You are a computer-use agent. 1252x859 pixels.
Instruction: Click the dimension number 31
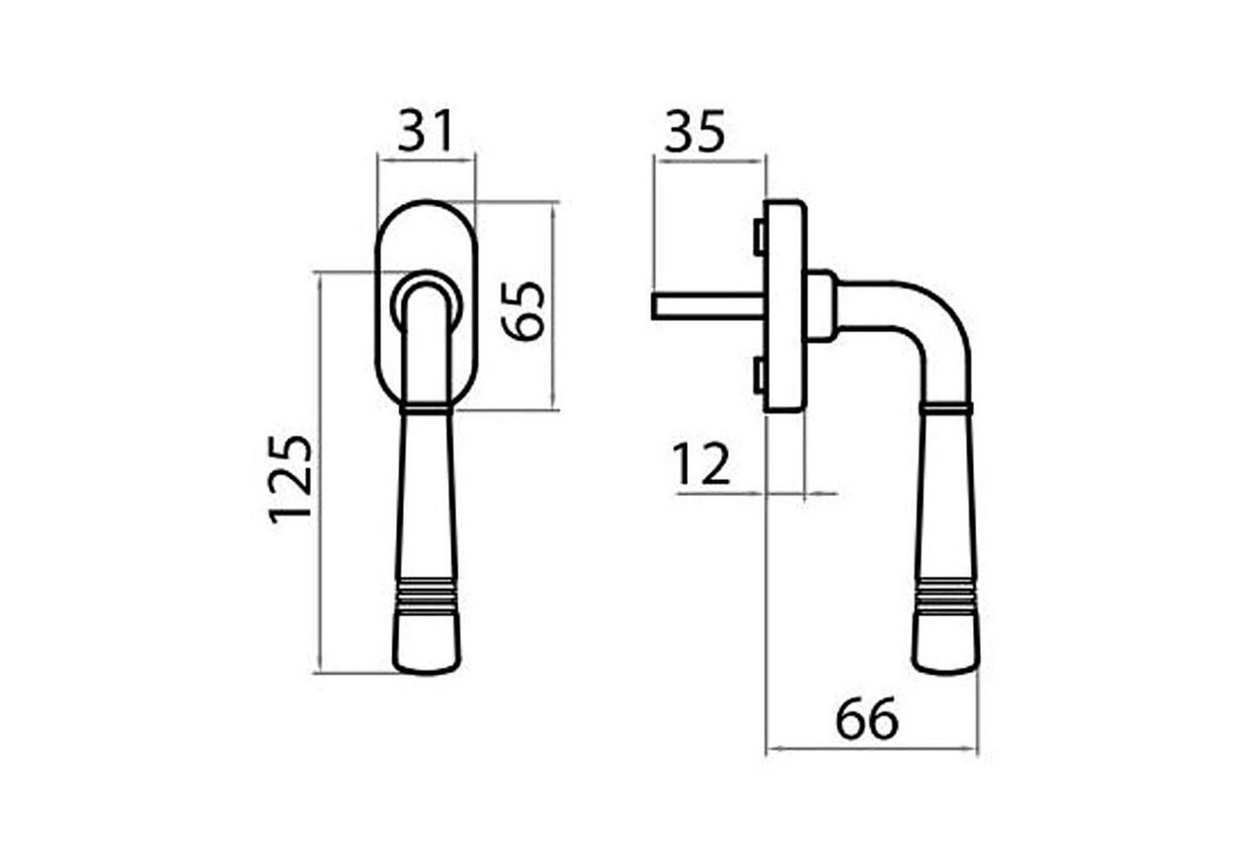[424, 132]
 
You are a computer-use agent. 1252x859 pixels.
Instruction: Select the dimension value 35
[695, 132]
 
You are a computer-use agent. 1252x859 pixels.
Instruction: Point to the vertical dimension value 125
[290, 480]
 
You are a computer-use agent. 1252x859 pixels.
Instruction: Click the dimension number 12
[702, 464]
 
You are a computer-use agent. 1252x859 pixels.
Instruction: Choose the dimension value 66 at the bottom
[867, 718]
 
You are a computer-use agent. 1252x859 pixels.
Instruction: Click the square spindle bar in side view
[708, 306]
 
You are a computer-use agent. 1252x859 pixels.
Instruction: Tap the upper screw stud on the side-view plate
[759, 236]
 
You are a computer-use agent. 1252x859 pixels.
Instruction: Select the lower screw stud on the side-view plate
[759, 375]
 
